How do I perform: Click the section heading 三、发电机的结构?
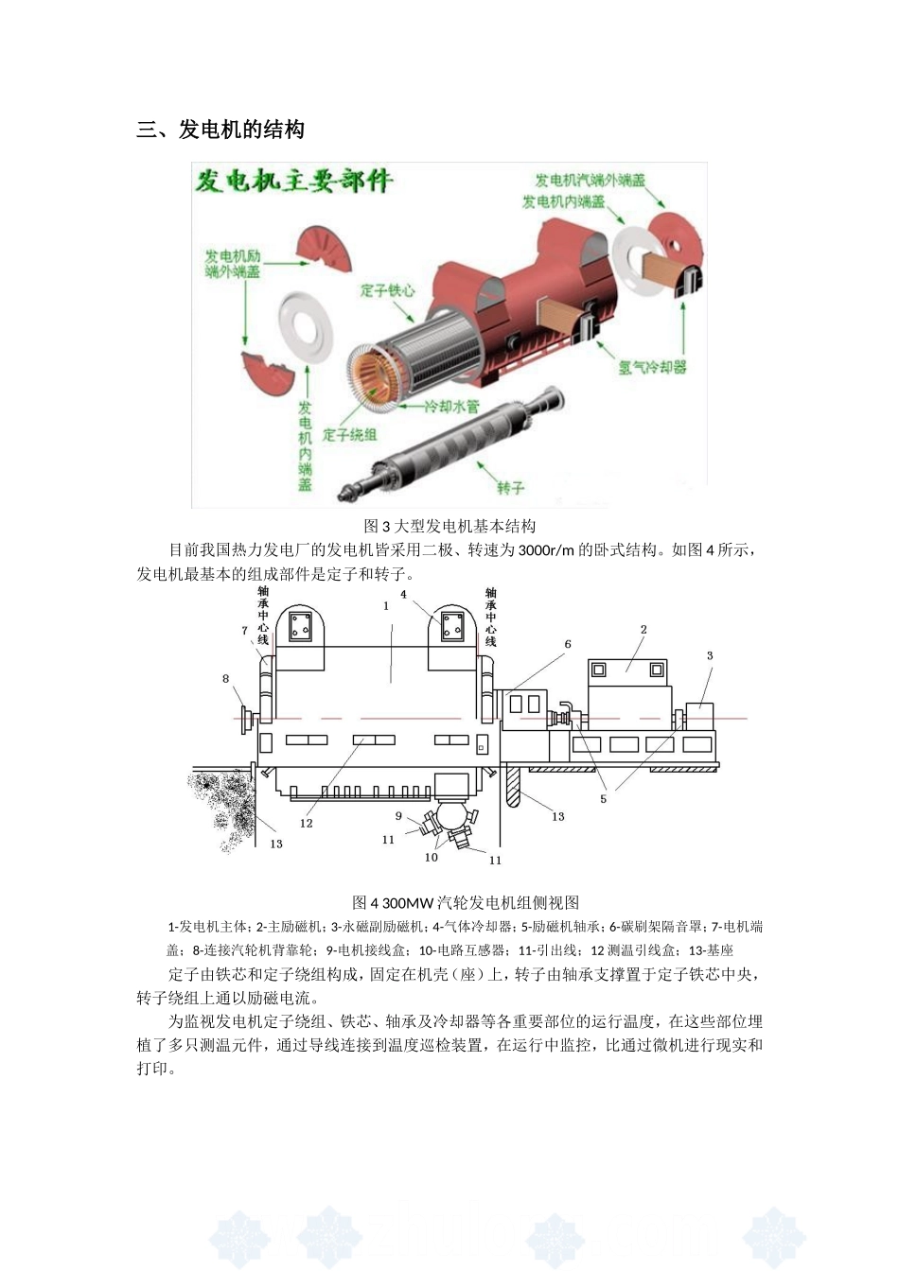point(220,130)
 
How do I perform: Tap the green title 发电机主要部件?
point(293,181)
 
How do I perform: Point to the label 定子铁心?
point(387,290)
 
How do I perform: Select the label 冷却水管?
point(451,407)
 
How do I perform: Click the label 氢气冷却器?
point(653,366)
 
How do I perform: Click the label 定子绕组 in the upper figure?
point(350,434)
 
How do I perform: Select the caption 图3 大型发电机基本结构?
point(449,526)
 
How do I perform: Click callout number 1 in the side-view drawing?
point(386,606)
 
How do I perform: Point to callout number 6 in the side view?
point(568,644)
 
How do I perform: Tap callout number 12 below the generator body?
point(307,823)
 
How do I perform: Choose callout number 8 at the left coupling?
point(225,678)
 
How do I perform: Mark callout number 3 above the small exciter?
point(710,655)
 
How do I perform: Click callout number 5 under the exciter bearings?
point(603,798)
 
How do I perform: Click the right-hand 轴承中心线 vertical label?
point(490,617)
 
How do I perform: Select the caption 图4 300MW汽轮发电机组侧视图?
point(466,902)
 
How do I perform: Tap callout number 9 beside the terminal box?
point(398,816)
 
